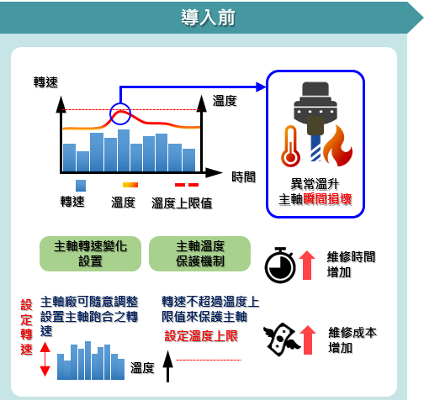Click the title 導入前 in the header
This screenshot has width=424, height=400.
(208, 18)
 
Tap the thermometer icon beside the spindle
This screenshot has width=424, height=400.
(290, 146)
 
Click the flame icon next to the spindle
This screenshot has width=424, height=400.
(337, 145)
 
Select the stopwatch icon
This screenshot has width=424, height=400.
(280, 265)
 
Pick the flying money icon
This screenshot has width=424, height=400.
(281, 339)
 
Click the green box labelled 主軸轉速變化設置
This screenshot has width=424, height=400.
(90, 254)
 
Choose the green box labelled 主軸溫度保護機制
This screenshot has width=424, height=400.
(199, 254)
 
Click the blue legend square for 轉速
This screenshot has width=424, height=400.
(81, 186)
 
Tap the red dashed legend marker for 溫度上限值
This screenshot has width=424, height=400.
(187, 185)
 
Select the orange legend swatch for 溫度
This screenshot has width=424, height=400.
(130, 185)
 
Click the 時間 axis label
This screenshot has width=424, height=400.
(244, 177)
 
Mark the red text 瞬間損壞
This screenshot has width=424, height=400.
(327, 199)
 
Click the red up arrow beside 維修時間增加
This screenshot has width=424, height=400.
(307, 265)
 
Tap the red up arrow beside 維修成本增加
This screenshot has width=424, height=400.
(308, 339)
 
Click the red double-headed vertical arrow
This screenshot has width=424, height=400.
(45, 360)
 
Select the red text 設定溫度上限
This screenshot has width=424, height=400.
(201, 336)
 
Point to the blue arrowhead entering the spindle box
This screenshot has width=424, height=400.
(261, 87)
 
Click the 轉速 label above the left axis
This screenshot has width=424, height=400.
(45, 82)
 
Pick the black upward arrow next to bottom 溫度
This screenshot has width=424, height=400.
(167, 366)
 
